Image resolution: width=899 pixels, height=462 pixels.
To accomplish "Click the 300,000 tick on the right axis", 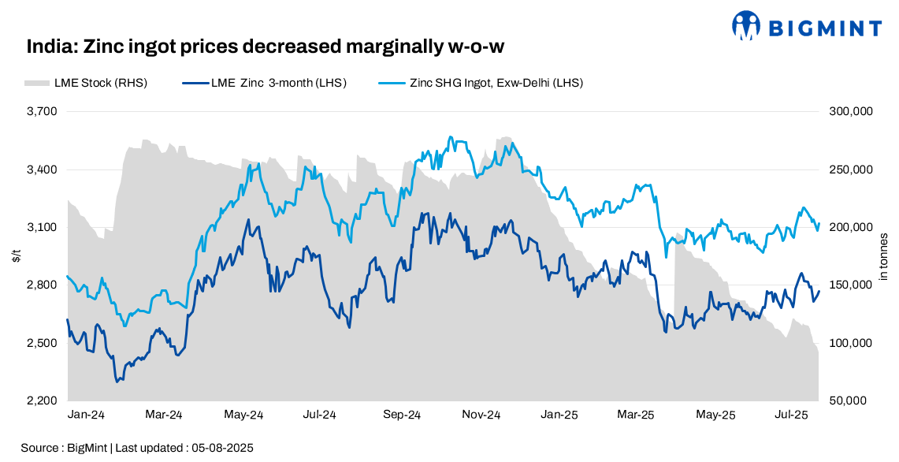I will click(851, 112).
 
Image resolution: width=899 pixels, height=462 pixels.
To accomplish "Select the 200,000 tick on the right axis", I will click(851, 228).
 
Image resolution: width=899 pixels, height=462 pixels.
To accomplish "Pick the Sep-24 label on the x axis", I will click(401, 415).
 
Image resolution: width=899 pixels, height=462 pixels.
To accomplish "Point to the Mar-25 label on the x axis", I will click(636, 415).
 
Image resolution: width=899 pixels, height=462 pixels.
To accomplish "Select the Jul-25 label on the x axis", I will click(792, 415).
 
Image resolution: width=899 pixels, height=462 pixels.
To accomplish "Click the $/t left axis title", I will click(17, 256).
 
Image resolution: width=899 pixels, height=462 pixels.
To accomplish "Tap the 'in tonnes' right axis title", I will click(883, 256).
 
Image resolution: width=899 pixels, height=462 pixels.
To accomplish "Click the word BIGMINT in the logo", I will click(824, 29).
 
